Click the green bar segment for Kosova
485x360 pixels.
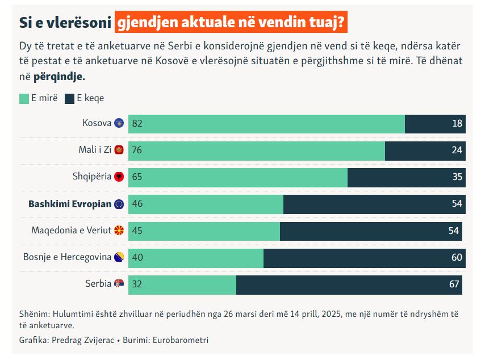pyautogui.click(x=267, y=124)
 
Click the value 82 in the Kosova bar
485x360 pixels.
pyautogui.click(x=137, y=124)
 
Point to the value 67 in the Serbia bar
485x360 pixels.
pyautogui.click(x=454, y=284)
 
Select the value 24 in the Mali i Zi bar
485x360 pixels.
pyautogui.click(x=458, y=150)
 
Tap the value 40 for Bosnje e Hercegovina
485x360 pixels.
pyautogui.click(x=137, y=258)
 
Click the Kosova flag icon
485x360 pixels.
pyautogui.click(x=119, y=123)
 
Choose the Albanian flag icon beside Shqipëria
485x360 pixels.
pyautogui.click(x=119, y=177)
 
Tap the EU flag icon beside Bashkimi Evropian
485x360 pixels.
pyautogui.click(x=119, y=204)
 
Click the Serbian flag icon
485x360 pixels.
pyautogui.click(x=119, y=284)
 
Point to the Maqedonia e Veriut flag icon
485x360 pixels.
pyautogui.click(x=119, y=231)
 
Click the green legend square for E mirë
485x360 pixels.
pyautogui.click(x=24, y=98)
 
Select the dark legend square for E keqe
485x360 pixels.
pyautogui.click(x=70, y=98)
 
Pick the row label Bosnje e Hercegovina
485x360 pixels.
pyautogui.click(x=67, y=257)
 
